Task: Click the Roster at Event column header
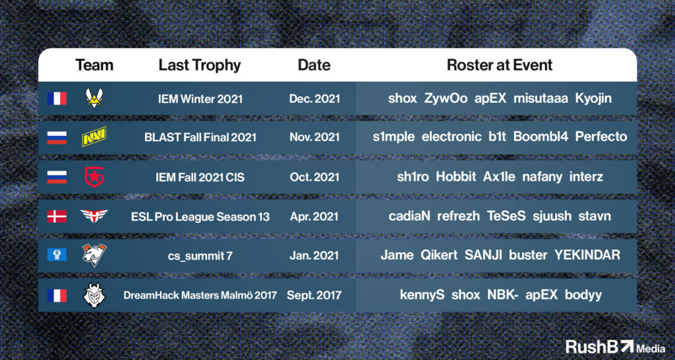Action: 500,65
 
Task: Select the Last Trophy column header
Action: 199,65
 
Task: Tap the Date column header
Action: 314,65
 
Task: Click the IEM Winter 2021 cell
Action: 199,99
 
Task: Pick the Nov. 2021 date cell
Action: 314,137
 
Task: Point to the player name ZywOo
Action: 446,99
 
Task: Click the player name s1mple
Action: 394,137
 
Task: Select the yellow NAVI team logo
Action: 94,136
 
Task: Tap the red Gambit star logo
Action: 94,177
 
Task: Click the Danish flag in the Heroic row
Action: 57,216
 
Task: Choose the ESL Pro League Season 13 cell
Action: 200,216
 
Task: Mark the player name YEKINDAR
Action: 587,255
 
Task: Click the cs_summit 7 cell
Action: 200,256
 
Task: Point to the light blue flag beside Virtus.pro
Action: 57,255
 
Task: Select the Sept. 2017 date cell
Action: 314,295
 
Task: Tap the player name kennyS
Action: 422,295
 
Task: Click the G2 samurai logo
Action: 94,295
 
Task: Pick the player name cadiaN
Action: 409,216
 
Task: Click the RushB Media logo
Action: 615,346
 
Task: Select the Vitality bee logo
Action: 94,98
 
